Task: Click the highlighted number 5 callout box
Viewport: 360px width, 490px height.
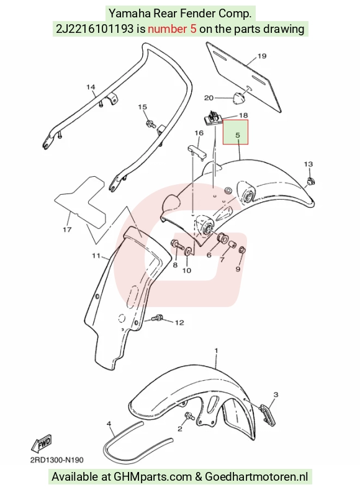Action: pos(235,132)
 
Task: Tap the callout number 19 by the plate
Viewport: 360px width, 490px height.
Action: pos(262,56)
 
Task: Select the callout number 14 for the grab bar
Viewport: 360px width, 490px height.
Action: pos(91,87)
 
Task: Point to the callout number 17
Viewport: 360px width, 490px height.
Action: pos(67,229)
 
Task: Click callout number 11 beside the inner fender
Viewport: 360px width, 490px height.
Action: pos(96,256)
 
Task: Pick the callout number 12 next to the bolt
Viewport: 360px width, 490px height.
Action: pos(179,323)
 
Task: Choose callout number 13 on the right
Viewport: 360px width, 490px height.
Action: pos(308,164)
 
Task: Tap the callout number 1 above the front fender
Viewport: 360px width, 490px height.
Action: pos(216,351)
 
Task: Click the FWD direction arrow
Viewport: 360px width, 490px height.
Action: pos(42,443)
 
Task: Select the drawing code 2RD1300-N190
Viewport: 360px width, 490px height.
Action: pos(57,460)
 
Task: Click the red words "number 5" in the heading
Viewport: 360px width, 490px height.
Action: pos(172,29)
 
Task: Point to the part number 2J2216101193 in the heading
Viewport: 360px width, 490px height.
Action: pos(95,29)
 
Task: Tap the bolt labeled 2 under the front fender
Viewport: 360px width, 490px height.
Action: pos(189,416)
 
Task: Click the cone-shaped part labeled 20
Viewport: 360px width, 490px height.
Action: pos(238,97)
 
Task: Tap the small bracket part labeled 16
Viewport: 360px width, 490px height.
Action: pos(197,151)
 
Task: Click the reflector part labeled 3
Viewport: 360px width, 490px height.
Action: pos(267,416)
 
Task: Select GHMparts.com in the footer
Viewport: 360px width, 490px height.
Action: pos(152,476)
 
